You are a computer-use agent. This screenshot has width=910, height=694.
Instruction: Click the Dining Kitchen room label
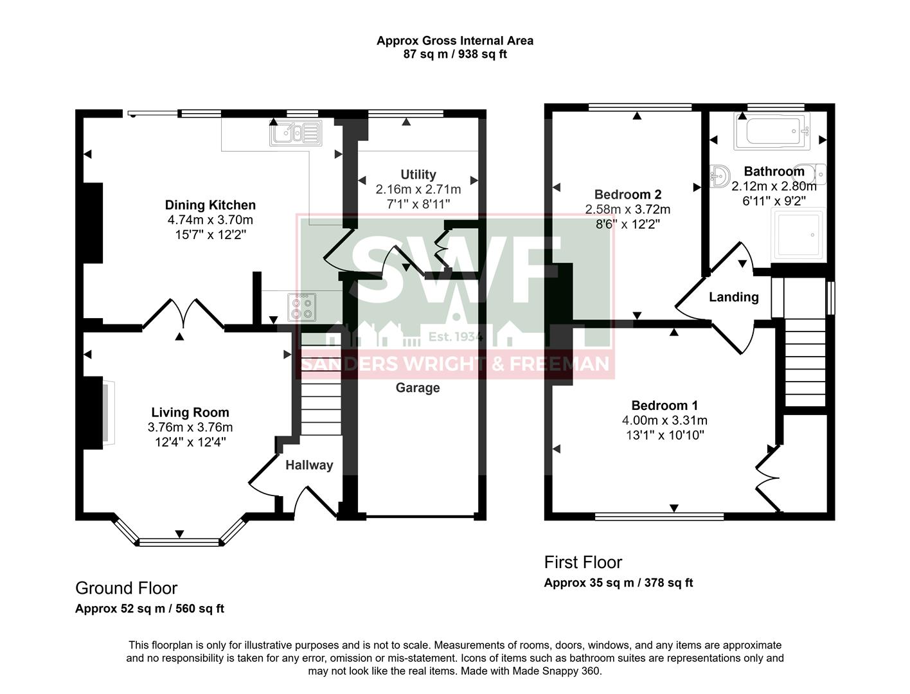click(210, 205)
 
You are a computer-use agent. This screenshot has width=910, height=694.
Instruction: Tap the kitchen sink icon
click(296, 133)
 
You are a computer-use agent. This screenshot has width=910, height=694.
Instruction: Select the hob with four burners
click(301, 307)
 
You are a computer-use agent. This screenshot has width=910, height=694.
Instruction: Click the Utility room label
click(418, 174)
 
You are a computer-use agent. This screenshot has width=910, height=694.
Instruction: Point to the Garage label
click(418, 387)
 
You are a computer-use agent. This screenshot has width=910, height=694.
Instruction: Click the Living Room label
click(190, 413)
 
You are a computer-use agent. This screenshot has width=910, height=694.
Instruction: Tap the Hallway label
click(309, 465)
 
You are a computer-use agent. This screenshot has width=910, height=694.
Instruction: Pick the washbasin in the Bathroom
click(720, 175)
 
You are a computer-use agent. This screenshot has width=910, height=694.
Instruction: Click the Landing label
click(733, 297)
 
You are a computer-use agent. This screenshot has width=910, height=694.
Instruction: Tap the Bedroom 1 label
click(665, 405)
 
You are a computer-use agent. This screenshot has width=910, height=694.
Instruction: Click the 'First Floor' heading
click(583, 562)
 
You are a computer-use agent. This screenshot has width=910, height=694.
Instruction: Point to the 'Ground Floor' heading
click(126, 588)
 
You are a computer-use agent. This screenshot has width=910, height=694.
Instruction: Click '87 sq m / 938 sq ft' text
click(454, 55)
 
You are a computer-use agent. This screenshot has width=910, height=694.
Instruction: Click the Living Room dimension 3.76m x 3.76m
click(190, 427)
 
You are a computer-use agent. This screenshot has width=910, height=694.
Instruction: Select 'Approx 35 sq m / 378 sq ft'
click(618, 583)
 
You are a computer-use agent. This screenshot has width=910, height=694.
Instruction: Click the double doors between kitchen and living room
click(183, 315)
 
